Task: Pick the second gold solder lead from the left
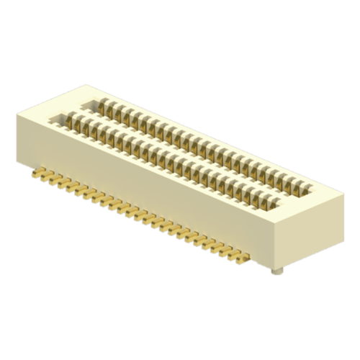[44, 176]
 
